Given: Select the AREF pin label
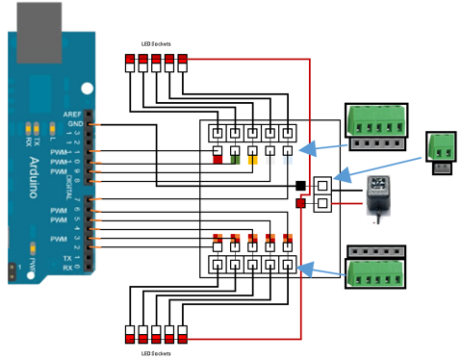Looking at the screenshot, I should point(72,114).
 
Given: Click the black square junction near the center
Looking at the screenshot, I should point(300,185).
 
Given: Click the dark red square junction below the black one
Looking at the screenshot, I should point(300,203).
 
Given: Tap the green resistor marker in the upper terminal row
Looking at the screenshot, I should point(235,159).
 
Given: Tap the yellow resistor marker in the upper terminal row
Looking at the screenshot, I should point(253,159).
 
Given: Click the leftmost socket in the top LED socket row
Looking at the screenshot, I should point(130,64).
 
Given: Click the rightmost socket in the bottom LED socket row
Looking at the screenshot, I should point(182,334).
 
